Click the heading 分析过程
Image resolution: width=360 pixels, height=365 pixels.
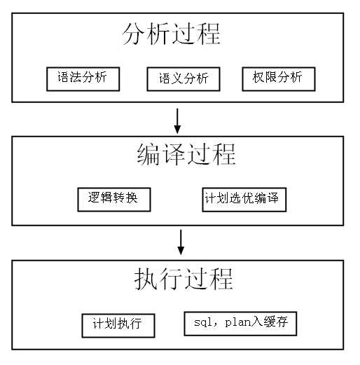tap(171, 34)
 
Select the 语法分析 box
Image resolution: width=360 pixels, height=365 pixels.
tap(83, 78)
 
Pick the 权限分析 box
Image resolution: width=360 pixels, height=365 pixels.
tap(278, 78)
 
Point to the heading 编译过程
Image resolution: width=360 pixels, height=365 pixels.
tap(186, 155)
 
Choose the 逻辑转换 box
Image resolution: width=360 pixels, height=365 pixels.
tap(113, 199)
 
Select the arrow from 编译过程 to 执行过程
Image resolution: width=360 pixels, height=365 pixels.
tap(181, 242)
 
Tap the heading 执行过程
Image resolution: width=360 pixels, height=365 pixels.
tap(183, 280)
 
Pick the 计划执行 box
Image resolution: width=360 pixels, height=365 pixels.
tap(118, 324)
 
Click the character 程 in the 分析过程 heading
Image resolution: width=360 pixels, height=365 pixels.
tap(208, 34)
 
